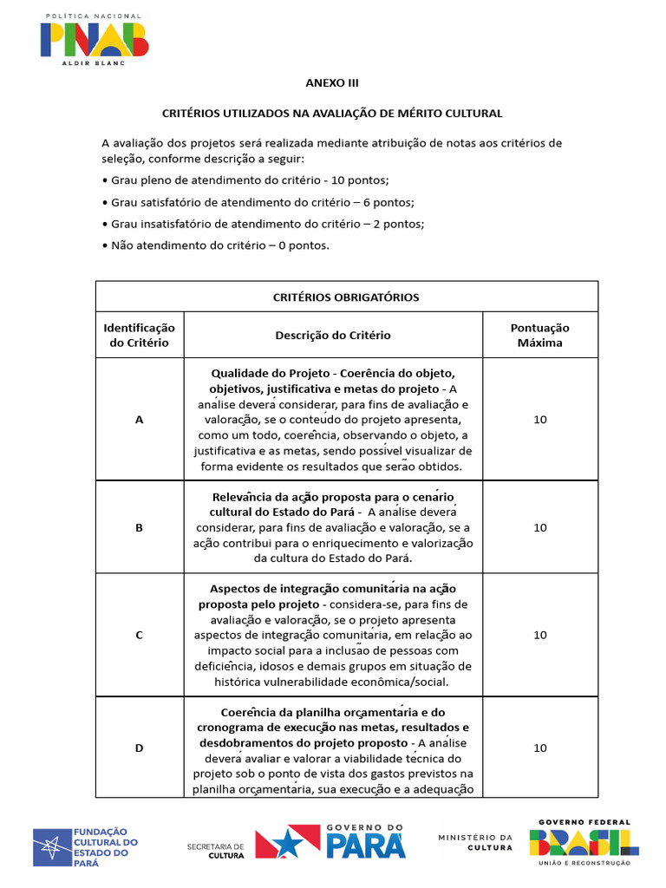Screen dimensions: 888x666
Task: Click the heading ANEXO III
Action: click(x=332, y=83)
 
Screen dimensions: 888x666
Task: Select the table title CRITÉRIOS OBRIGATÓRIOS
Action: click(x=346, y=297)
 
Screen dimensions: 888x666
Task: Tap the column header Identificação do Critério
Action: click(x=139, y=335)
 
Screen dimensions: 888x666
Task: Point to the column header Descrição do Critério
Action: click(x=333, y=335)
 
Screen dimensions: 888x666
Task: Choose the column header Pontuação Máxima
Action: click(x=539, y=335)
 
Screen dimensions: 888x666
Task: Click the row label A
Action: click(x=139, y=419)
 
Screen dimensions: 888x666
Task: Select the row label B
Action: click(x=139, y=527)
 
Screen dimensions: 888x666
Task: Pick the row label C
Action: click(x=139, y=635)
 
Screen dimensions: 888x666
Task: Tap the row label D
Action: click(x=139, y=748)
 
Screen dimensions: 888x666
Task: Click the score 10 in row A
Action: click(x=539, y=419)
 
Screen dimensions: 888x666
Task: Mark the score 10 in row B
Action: click(x=539, y=527)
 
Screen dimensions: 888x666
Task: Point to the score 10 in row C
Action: click(x=539, y=635)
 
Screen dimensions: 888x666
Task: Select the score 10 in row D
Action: click(x=539, y=748)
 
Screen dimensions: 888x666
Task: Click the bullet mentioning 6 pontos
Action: click(x=258, y=202)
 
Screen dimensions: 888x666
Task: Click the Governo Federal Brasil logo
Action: click(x=584, y=842)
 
